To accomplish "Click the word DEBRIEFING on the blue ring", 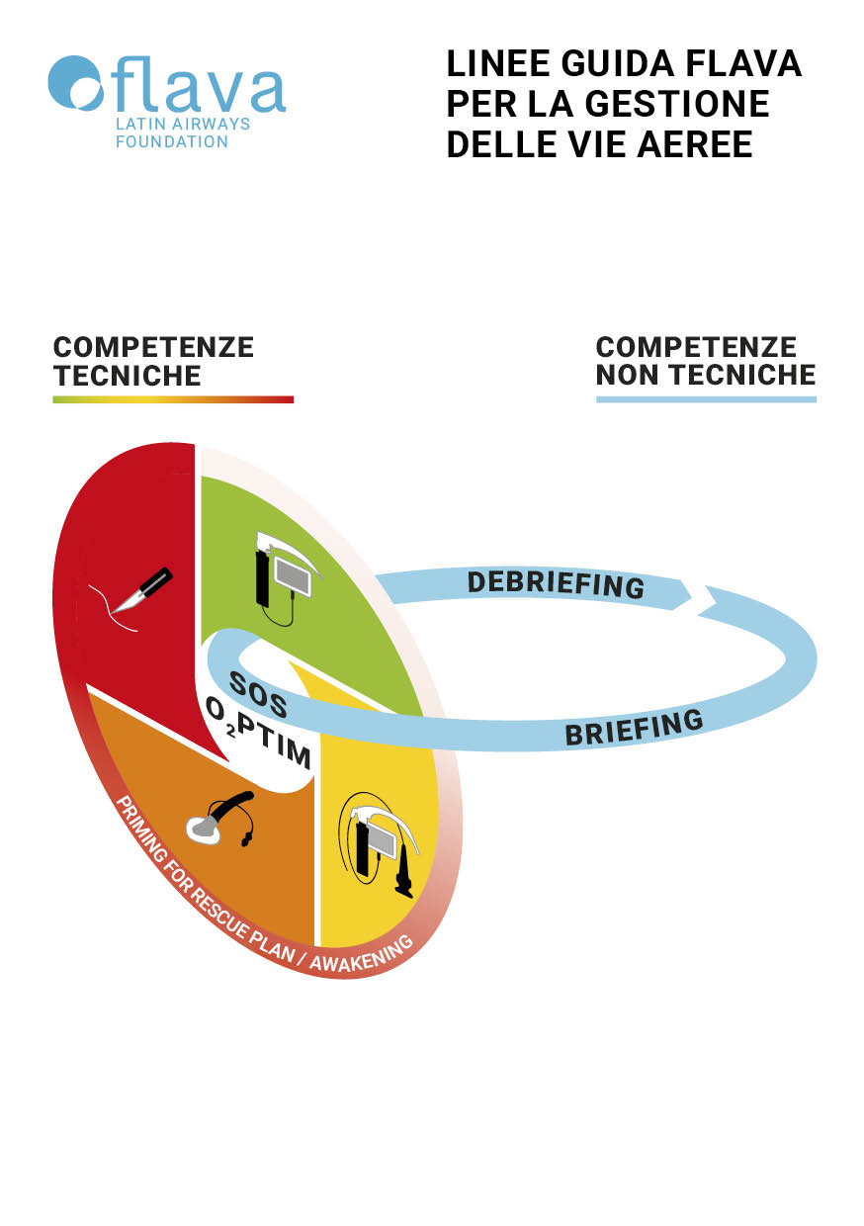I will tap(556, 583).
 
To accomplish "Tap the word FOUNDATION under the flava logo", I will tap(172, 141).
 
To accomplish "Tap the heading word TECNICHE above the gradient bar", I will tap(128, 376).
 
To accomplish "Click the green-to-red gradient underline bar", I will tap(173, 399).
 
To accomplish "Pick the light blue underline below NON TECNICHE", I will tap(706, 399).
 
